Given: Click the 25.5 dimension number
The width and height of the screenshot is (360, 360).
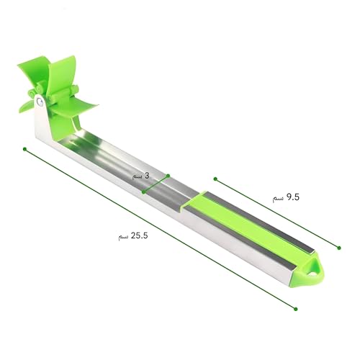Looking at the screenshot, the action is (x=139, y=235).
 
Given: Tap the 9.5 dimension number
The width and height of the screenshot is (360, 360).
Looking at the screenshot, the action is (x=293, y=197).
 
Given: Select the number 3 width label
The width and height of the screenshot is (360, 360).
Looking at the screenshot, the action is (x=147, y=176).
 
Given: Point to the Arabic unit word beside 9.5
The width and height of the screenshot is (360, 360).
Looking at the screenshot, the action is (x=278, y=199).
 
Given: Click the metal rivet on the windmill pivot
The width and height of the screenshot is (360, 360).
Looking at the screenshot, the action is (x=40, y=102).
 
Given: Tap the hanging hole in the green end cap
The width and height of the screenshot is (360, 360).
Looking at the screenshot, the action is (x=312, y=274).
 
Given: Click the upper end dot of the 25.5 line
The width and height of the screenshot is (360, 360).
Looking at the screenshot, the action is (x=24, y=149).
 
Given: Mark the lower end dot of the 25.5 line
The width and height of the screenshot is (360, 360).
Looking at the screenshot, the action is (x=296, y=309).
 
